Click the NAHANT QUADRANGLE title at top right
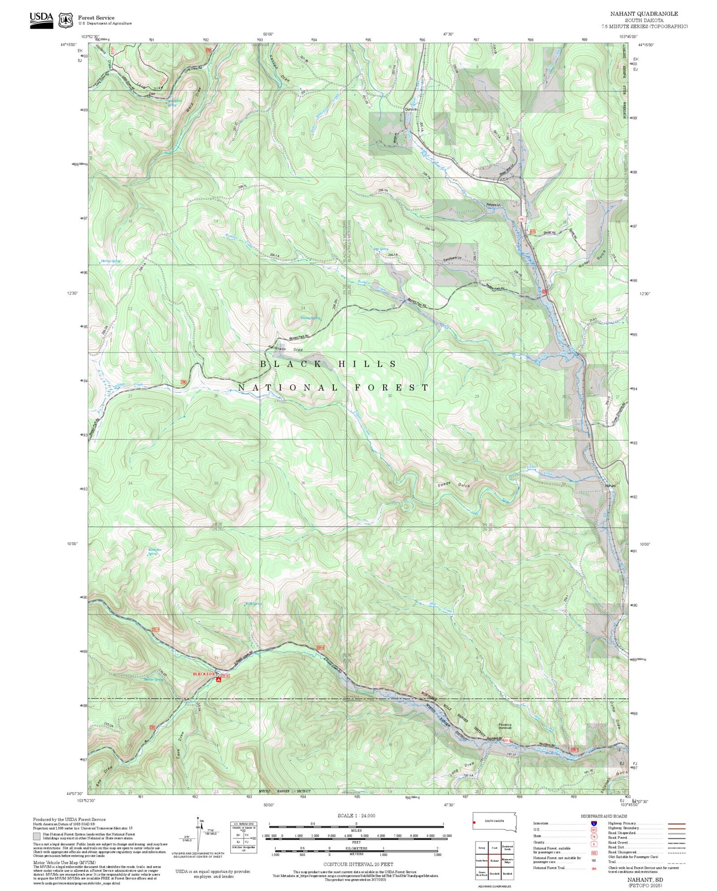point(644,13)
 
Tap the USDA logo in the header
point(41,19)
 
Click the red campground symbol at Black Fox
point(218,679)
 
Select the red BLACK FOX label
point(204,674)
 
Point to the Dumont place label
point(410,109)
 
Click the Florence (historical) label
point(505,726)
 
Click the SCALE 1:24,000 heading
point(356,816)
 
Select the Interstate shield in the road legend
point(593,823)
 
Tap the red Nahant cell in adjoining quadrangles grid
point(494,861)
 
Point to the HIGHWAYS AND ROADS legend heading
point(603,816)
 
